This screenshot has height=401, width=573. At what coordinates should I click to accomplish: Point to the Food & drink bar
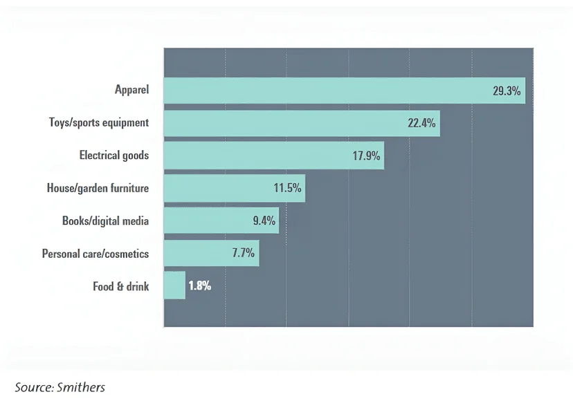coord(174,286)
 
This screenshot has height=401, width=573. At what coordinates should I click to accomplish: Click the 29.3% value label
coord(507,91)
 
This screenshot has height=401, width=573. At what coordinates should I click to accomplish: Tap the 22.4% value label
coord(421,123)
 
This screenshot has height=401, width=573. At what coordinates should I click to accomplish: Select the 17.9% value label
coord(366,156)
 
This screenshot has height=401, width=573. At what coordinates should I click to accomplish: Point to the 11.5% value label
coord(287,188)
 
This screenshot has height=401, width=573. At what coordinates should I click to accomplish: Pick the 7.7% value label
coord(244,253)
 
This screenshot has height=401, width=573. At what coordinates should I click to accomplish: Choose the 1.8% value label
coord(199,286)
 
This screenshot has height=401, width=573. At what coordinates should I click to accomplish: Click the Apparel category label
coord(131,90)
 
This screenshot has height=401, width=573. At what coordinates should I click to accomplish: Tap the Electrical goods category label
coord(113,155)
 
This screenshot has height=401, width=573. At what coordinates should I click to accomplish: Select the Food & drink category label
coord(120,286)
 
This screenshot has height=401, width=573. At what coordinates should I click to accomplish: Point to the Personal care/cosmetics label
coord(95,254)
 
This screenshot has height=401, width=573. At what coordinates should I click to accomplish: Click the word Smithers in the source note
coord(81,387)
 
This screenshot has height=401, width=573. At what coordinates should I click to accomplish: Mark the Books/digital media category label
coord(105,221)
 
